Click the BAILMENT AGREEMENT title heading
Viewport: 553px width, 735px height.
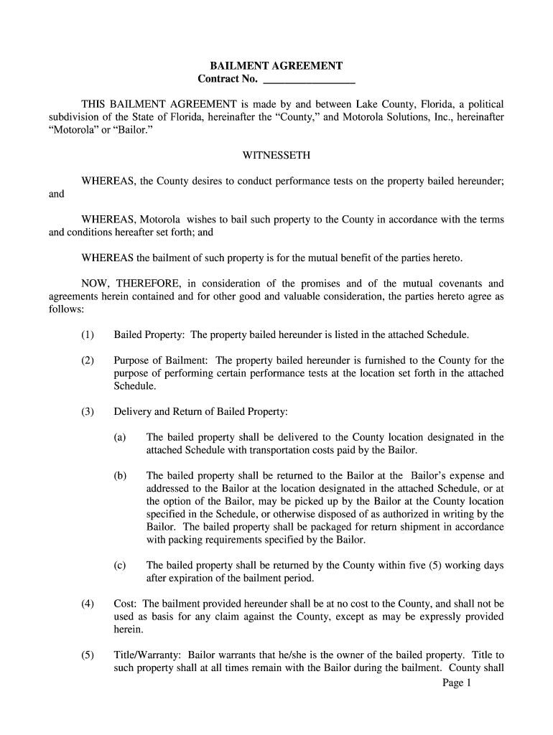click(276, 65)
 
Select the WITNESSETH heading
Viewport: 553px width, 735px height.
click(276, 155)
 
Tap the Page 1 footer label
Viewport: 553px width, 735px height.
click(456, 683)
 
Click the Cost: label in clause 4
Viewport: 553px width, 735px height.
click(126, 604)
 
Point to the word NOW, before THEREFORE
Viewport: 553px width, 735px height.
click(95, 284)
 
